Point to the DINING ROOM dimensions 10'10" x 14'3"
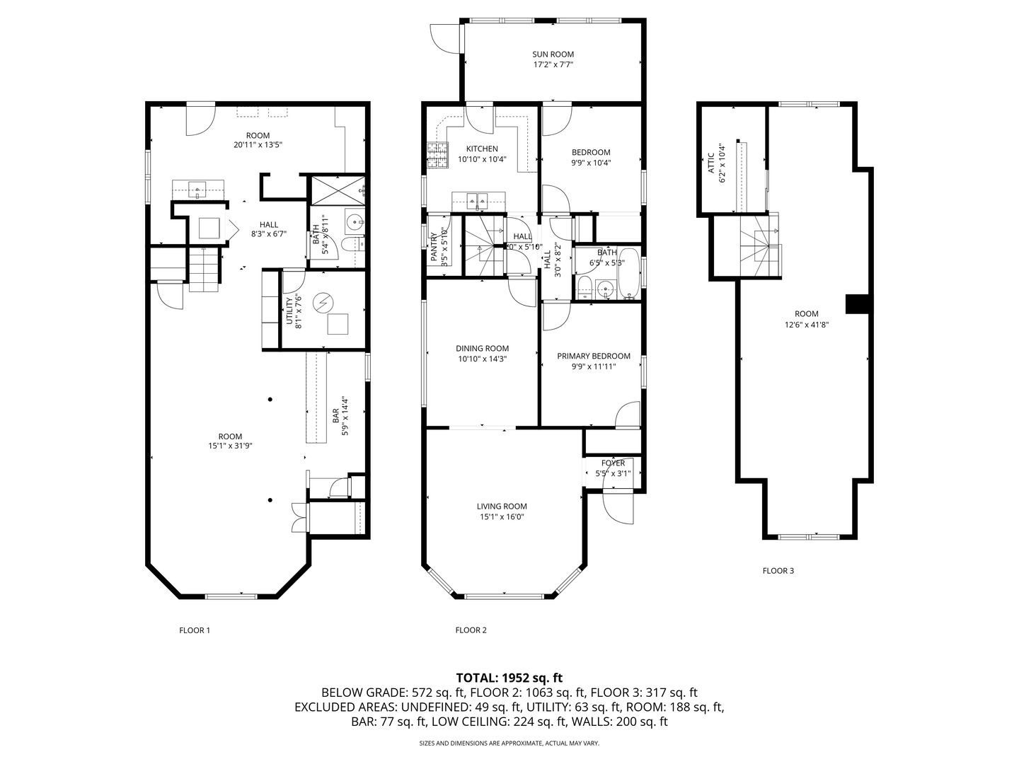[482, 359]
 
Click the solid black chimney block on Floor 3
[857, 303]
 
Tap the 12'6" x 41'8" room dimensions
[806, 325]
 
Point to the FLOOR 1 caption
[195, 630]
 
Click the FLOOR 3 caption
[778, 570]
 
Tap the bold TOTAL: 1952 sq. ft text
[509, 678]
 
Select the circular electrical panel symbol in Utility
[324, 302]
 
